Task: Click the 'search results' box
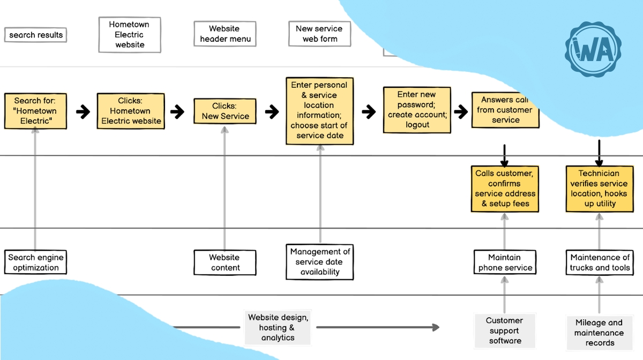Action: [x=36, y=35]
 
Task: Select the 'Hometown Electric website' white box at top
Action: [x=130, y=35]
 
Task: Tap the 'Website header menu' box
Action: [x=225, y=34]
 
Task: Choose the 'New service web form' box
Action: [x=319, y=34]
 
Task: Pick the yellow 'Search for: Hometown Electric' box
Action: [x=35, y=111]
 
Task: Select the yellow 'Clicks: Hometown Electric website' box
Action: [x=131, y=111]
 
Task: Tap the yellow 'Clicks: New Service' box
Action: [x=225, y=111]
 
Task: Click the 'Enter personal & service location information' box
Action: [x=319, y=110]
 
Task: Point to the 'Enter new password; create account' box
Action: [x=417, y=110]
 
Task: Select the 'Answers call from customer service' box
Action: [x=505, y=110]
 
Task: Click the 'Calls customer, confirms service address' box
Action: [x=505, y=189]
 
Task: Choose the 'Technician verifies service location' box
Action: [x=599, y=189]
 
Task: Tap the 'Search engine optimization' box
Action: [x=35, y=262]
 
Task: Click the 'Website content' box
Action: [x=225, y=262]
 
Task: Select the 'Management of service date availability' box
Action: [x=320, y=262]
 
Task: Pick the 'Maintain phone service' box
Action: [x=505, y=262]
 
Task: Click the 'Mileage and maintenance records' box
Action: [x=599, y=333]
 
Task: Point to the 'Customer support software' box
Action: [x=504, y=331]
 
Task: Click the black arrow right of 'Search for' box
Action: [x=83, y=112]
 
